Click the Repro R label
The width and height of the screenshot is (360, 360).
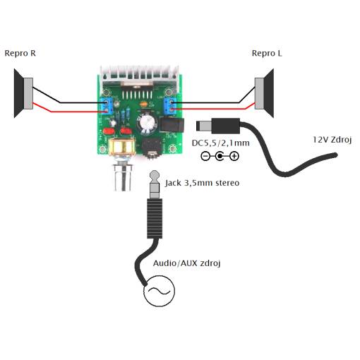click(20, 53)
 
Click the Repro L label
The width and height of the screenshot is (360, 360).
click(267, 53)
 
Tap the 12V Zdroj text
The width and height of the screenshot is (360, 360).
click(332, 140)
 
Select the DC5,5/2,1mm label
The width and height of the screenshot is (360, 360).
click(220, 143)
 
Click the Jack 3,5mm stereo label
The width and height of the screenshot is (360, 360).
click(202, 183)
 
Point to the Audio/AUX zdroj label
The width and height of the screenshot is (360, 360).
click(187, 263)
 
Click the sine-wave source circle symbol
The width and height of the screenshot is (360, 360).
click(160, 291)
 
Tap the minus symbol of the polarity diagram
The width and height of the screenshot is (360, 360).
click(205, 156)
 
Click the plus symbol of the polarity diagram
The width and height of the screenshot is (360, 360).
click(234, 156)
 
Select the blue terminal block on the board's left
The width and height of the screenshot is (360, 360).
click(107, 106)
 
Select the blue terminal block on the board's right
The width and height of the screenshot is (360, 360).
click(170, 105)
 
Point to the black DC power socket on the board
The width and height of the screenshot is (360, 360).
click(172, 125)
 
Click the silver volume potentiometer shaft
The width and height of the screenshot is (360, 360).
click(122, 178)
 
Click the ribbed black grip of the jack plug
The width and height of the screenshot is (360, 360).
click(155, 218)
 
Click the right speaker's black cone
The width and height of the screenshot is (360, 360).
click(269, 93)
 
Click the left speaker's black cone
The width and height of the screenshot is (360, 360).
click(19, 93)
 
